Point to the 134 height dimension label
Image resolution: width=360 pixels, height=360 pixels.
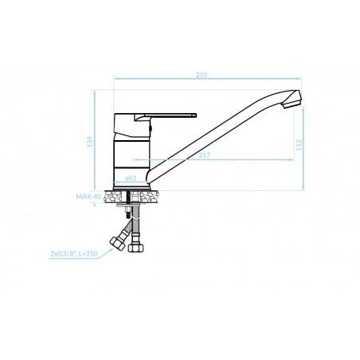pos(90,142)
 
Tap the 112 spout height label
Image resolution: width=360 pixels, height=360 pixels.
pos(299,145)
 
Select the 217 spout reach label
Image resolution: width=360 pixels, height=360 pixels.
pos(205,155)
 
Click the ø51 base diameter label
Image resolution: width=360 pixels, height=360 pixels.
pos(131,178)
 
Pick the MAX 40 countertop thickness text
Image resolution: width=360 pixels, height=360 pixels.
pos(88,197)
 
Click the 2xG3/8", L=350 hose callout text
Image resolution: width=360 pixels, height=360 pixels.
pos(74,254)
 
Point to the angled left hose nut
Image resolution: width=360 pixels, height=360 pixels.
pos(117,244)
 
